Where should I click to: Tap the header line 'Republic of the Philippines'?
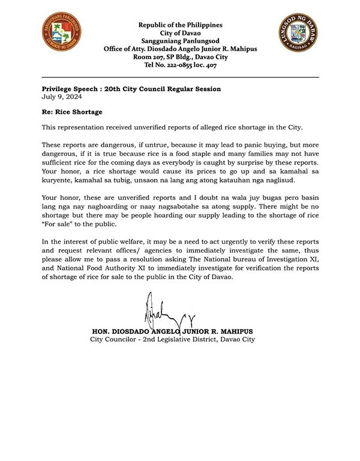click(180, 25)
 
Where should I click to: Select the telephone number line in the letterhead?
click(180, 65)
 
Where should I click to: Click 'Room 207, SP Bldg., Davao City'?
click(180, 57)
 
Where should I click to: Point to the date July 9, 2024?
click(62, 97)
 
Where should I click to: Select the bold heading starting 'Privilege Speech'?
click(131, 89)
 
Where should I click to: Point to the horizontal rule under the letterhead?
click(180, 77)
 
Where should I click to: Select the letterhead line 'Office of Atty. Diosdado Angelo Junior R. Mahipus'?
click(180, 49)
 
